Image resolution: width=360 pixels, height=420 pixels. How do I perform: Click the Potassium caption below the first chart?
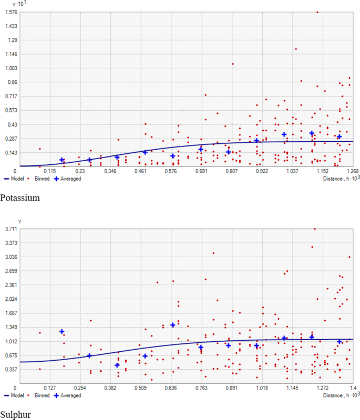(19, 198)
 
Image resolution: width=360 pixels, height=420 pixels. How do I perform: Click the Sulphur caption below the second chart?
(16, 415)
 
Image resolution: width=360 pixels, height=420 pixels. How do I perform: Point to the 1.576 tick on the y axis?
(11, 12)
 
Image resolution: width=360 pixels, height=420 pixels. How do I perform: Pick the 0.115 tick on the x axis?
(50, 172)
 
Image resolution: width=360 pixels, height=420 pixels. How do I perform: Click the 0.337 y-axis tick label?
(11, 369)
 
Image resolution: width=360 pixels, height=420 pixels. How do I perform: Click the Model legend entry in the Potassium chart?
(13, 179)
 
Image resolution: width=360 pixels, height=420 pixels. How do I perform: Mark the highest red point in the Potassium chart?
(317, 12)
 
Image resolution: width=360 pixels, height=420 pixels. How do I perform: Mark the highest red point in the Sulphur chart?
(315, 229)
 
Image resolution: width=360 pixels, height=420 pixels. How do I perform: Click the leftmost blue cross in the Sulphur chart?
(61, 332)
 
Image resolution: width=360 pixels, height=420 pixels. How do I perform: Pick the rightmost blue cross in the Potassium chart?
(340, 136)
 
